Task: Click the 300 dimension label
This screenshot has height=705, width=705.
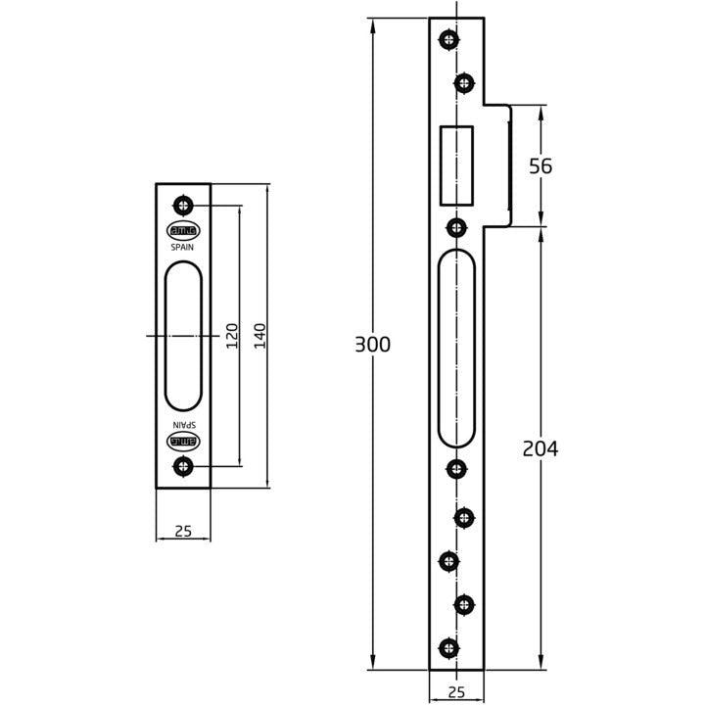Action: pyautogui.click(x=372, y=345)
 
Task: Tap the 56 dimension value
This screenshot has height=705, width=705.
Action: pyautogui.click(x=540, y=166)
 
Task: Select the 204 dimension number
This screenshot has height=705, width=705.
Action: pyautogui.click(x=540, y=448)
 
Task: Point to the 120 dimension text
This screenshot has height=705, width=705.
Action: pyautogui.click(x=232, y=336)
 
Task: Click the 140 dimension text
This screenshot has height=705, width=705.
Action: pyautogui.click(x=259, y=336)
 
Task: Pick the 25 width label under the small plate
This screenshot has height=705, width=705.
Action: pyautogui.click(x=182, y=532)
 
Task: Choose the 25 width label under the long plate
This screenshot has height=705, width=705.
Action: pyautogui.click(x=455, y=692)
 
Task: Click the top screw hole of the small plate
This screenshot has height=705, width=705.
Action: pyautogui.click(x=182, y=205)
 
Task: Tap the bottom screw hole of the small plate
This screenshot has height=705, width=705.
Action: pyautogui.click(x=182, y=467)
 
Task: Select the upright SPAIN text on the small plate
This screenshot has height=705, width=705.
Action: pyautogui.click(x=183, y=249)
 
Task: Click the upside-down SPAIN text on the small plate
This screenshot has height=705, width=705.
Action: pyautogui.click(x=183, y=425)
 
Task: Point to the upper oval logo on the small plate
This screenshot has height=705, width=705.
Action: pyautogui.click(x=183, y=232)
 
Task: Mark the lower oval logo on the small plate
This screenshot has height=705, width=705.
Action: pyautogui.click(x=183, y=442)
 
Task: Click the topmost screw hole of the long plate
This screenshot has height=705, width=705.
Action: pyautogui.click(x=448, y=39)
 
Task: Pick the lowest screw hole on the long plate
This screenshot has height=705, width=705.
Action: pyautogui.click(x=448, y=646)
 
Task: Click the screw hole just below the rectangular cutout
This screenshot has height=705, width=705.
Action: pyautogui.click(x=455, y=227)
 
